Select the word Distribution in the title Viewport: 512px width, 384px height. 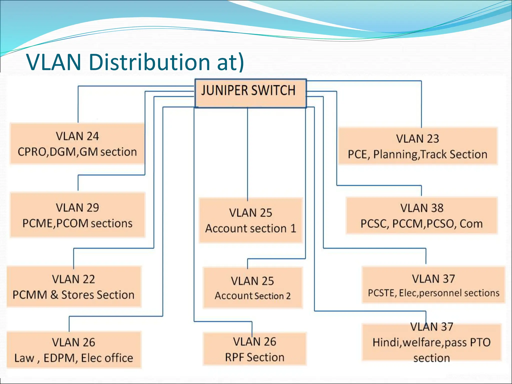pos(149,62)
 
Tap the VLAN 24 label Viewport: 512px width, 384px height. pos(77,136)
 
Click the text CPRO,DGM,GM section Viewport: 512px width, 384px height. pos(77,152)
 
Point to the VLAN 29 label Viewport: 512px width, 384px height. pos(77,208)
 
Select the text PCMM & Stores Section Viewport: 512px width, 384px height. pos(73,295)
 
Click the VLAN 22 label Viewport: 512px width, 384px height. pos(73,279)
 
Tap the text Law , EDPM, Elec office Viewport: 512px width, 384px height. pos(73,358)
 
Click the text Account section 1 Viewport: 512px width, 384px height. pos(251,228)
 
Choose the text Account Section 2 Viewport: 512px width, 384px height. pos(252,296)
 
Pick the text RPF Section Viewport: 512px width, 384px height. pos(254,357)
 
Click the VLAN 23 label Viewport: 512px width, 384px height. pos(417,139)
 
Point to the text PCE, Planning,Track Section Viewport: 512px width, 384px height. pos(417,154)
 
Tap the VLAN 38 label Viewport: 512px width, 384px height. pos(422,208)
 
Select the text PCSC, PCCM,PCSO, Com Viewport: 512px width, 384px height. pos(421,224)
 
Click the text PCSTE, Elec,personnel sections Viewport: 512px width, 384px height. pos(433,293)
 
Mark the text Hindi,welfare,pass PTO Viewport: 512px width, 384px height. pos(431,342)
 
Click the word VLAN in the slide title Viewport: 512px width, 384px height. pos(54,62)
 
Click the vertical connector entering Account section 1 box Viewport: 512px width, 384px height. pos(247,155)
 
